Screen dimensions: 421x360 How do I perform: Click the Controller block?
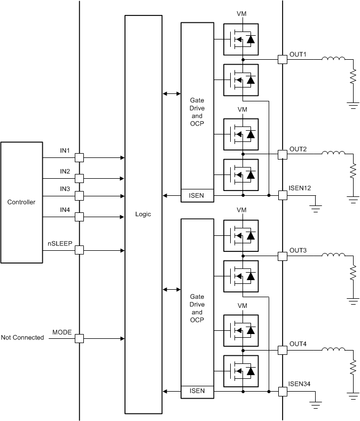21,202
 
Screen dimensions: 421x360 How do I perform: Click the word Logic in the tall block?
143,214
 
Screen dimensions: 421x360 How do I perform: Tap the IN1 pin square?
79,158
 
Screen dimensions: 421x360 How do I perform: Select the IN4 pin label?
65,210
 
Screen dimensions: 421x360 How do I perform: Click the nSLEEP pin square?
79,250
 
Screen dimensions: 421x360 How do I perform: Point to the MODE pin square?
79,338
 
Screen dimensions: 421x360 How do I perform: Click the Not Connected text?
22,338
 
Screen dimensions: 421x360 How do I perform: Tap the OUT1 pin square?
282,59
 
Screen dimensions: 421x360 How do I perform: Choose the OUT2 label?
298,148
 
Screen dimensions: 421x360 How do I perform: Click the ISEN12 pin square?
282,196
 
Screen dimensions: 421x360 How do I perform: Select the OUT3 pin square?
282,256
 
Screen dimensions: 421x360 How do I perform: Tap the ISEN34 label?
299,383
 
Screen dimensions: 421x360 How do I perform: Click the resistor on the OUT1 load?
353,77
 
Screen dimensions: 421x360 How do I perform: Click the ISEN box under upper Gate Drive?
197,196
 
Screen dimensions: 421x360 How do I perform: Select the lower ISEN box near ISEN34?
197,392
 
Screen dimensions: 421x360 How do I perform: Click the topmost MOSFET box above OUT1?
240,39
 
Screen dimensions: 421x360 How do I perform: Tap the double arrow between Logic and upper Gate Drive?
171,93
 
